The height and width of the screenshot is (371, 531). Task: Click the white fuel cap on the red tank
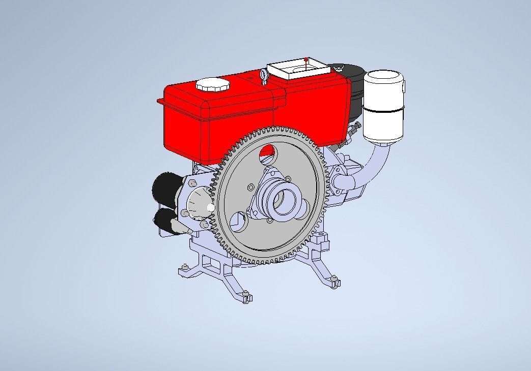[213, 84]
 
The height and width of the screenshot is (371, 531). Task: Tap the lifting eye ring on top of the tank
[264, 76]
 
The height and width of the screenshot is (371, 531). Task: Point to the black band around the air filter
[383, 110]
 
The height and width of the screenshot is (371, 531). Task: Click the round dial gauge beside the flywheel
[198, 203]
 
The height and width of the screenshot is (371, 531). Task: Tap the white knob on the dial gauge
[210, 208]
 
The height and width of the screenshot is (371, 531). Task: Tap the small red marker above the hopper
[305, 59]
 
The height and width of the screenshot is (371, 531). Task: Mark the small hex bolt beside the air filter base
[356, 126]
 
